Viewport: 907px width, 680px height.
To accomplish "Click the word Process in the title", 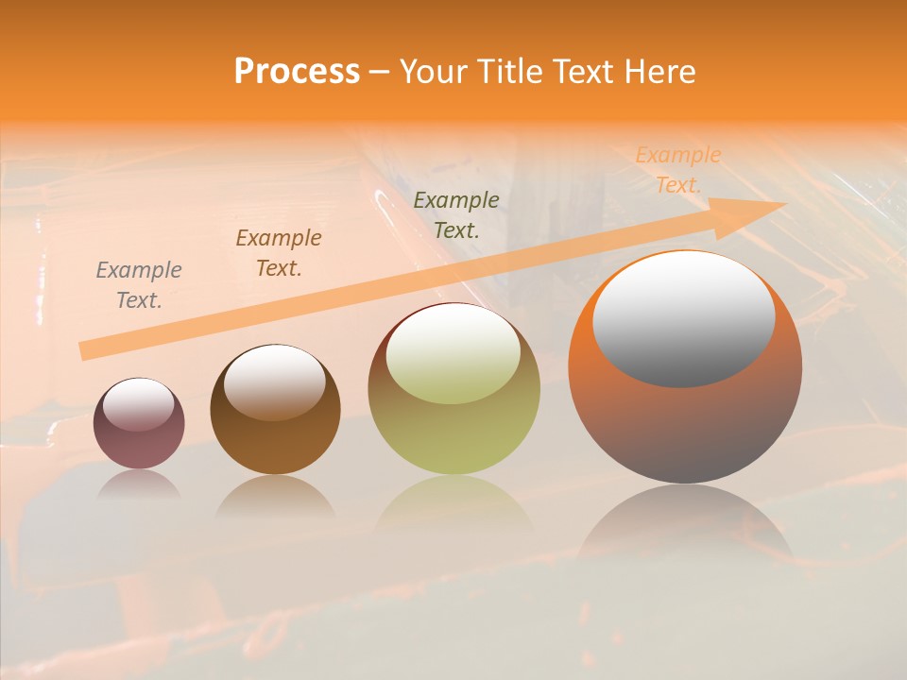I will click(297, 72).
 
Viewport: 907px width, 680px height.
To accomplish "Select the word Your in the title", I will click(434, 72).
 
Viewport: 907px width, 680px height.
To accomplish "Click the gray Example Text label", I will click(139, 285).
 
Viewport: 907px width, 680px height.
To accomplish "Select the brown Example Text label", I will click(279, 253).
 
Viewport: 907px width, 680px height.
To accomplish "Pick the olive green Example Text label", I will click(456, 214).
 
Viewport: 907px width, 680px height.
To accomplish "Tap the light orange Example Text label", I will click(677, 170).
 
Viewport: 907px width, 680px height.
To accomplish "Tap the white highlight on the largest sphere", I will click(683, 319).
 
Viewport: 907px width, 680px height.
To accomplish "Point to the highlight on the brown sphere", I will click(274, 382).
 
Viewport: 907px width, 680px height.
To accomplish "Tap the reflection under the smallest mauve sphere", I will click(139, 484).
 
